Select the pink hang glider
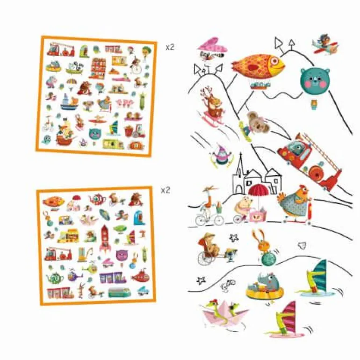coord(212,46)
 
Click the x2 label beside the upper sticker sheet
coord(170,47)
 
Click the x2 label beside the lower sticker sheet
coord(166,190)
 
